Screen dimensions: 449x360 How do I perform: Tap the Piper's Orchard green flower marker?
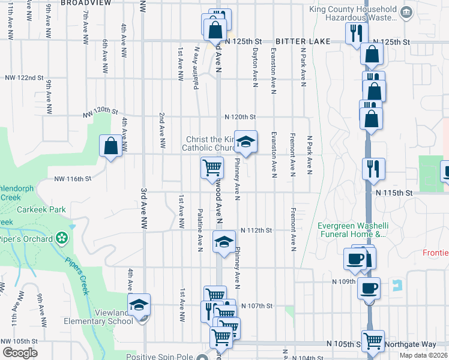[61, 238]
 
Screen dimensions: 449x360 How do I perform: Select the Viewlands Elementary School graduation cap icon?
[139, 305]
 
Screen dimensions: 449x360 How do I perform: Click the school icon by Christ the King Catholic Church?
[245, 142]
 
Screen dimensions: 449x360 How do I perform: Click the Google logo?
[20, 353]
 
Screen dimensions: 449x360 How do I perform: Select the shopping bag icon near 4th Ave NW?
[111, 145]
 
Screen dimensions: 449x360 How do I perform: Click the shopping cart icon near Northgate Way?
[373, 341]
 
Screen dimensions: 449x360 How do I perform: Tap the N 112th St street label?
[256, 230]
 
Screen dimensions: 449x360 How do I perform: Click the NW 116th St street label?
[73, 179]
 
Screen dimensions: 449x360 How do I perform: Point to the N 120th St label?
[240, 117]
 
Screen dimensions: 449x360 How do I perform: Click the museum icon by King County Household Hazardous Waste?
[406, 12]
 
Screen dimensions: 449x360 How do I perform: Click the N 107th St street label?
[257, 306]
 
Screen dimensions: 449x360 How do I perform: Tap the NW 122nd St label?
[25, 78]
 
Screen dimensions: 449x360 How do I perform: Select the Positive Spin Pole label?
[160, 356]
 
